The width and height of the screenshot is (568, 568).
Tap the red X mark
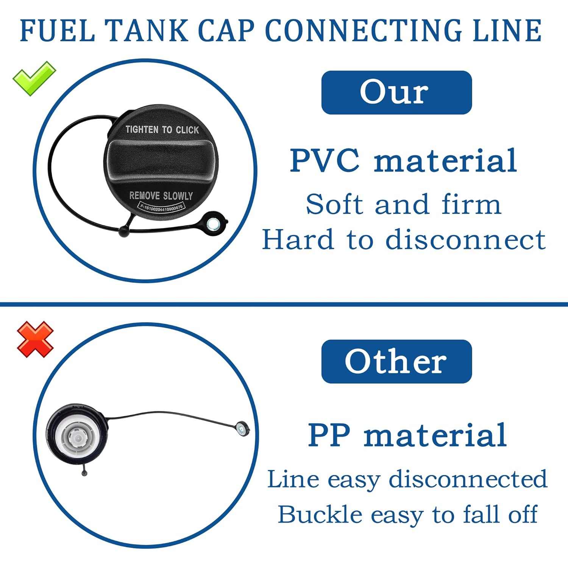pos(35,339)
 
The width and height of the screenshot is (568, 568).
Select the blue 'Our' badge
pos(396,92)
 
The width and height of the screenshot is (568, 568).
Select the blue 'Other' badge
pos(396,361)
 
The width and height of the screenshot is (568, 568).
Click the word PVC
pos(325,161)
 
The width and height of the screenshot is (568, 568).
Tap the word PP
pos(329,435)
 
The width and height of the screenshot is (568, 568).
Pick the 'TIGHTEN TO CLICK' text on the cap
pos(162,130)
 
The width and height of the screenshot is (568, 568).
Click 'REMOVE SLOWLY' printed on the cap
pos(161,196)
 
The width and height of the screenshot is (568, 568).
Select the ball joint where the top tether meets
pos(124,231)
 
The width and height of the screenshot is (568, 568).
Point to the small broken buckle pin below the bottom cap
pos(84,472)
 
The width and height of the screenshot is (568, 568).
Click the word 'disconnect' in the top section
pos(465,240)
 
